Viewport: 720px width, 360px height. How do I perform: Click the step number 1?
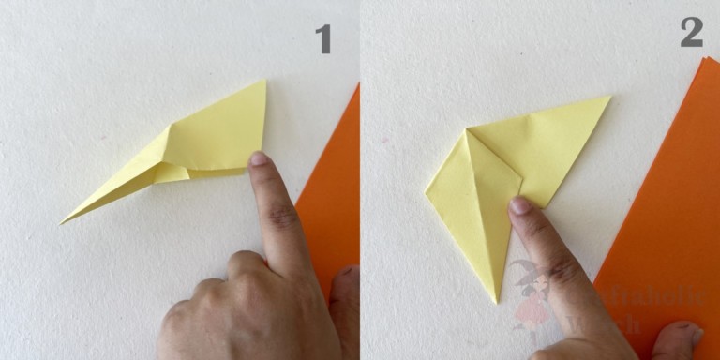click(x=322, y=38)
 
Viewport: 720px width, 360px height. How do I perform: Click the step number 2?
click(x=691, y=33)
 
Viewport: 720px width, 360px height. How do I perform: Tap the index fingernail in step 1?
click(x=259, y=158)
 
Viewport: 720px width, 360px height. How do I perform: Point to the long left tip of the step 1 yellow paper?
click(x=63, y=222)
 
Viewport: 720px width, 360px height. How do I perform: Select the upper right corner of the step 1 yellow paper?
click(x=264, y=81)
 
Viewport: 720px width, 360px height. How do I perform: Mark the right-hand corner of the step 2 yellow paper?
click(x=609, y=97)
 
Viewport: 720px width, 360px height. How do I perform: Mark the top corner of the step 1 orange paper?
click(x=358, y=84)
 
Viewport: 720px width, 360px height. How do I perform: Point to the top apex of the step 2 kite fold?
click(x=466, y=131)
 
